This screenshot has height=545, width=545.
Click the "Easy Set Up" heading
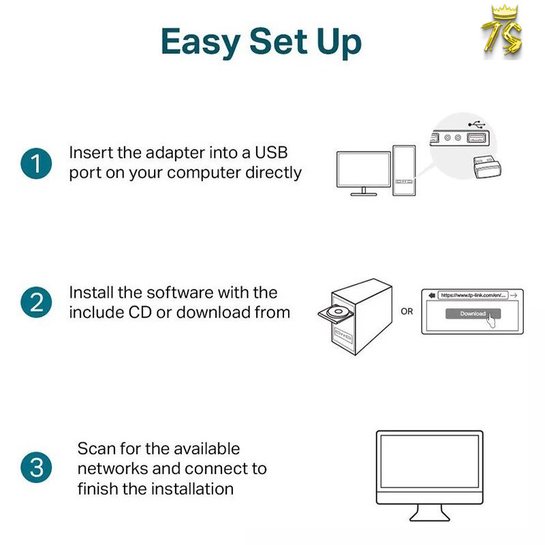(261, 42)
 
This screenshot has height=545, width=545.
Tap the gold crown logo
(502, 32)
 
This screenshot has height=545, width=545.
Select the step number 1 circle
(36, 163)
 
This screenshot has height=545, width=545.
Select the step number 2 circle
(36, 302)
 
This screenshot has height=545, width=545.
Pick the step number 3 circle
(36, 467)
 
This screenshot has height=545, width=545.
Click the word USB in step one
(271, 153)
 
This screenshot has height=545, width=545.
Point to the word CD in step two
(140, 312)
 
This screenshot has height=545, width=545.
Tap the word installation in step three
(193, 488)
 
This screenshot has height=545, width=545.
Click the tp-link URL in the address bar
(473, 295)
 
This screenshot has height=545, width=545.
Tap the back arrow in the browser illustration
(432, 295)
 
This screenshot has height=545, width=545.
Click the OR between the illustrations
(407, 311)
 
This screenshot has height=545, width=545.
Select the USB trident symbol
(476, 124)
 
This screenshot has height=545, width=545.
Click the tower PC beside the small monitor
(404, 170)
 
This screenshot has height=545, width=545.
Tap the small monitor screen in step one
(364, 170)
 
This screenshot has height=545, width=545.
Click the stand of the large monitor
(430, 513)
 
